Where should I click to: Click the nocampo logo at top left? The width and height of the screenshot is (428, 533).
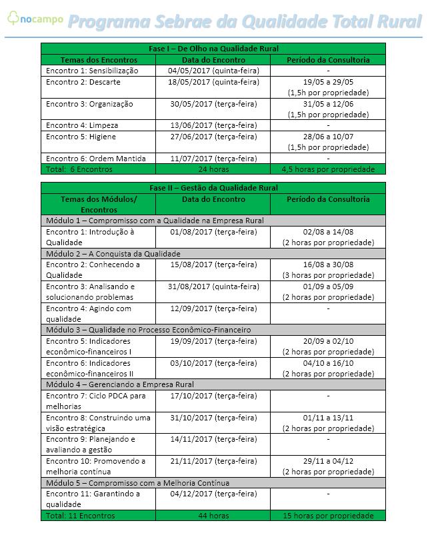(x=35, y=19)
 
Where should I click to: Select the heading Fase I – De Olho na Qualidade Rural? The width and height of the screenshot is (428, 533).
(x=213, y=49)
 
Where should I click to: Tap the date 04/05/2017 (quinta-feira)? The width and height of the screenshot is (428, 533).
(x=213, y=71)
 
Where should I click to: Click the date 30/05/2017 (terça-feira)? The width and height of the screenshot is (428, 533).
(x=213, y=104)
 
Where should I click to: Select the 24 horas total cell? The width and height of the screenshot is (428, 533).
(x=213, y=169)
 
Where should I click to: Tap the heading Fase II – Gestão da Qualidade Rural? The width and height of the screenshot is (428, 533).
(x=213, y=188)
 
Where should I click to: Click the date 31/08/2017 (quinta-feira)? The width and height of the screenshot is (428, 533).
(x=213, y=286)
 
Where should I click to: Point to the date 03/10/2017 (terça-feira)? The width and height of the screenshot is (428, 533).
(x=213, y=362)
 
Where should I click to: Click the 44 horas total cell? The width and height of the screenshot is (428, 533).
(x=213, y=516)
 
